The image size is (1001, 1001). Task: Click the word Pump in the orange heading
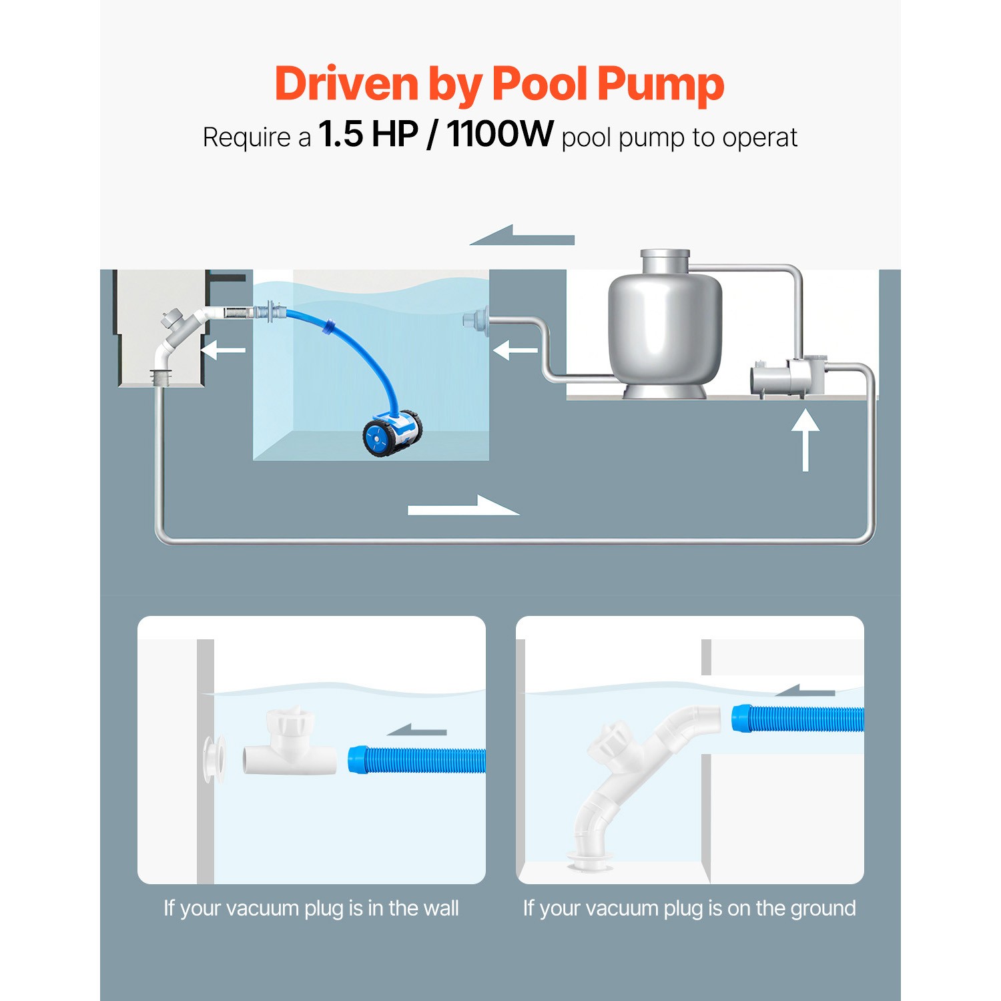[x=660, y=85]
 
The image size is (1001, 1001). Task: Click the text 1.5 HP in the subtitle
[x=368, y=135]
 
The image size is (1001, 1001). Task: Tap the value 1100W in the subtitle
[x=500, y=135]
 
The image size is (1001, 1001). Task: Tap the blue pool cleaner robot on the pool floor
[x=392, y=433]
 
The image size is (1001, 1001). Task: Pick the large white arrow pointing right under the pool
[x=463, y=507]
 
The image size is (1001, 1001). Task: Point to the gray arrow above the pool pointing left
[x=523, y=236]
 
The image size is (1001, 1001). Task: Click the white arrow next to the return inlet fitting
[x=515, y=350]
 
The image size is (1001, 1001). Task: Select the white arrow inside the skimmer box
[x=223, y=350]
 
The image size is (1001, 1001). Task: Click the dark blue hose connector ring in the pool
[x=329, y=327]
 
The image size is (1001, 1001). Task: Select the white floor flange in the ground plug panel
[x=588, y=862]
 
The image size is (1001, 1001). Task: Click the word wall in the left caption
[x=442, y=908]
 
